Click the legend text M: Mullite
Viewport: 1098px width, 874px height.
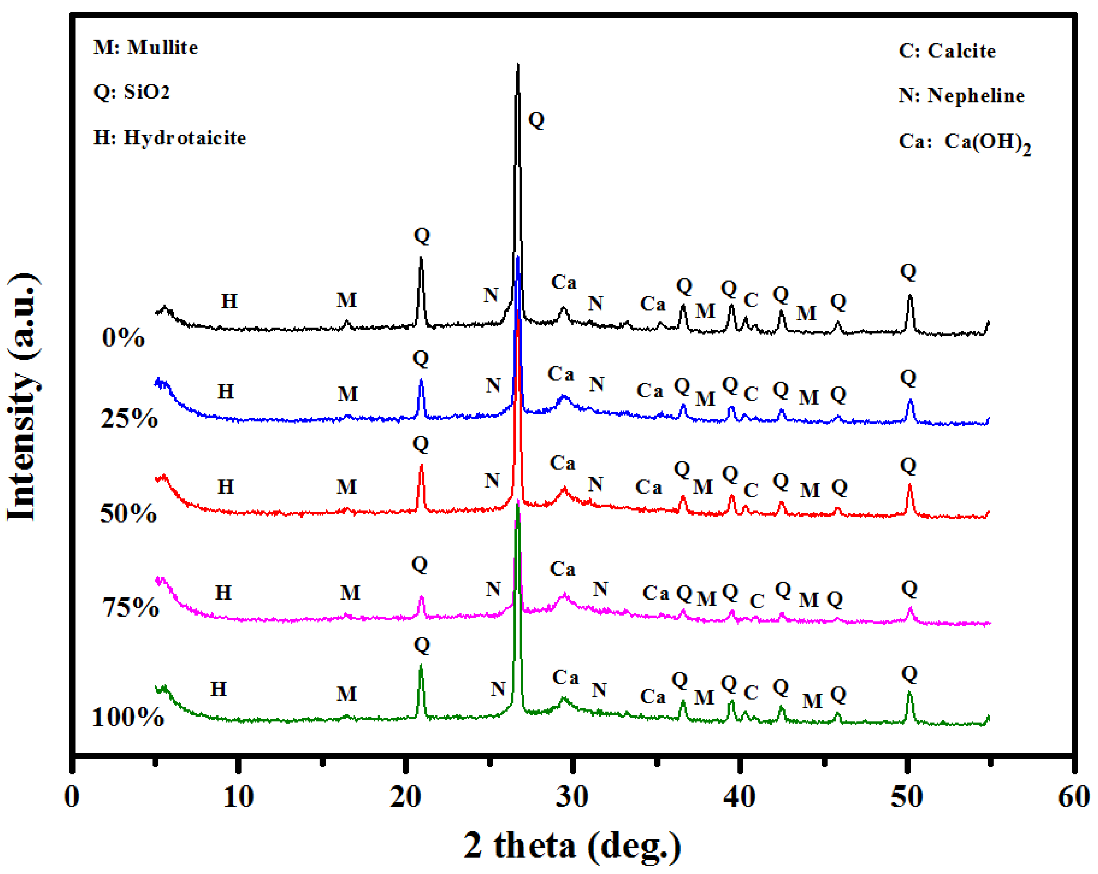tap(146, 47)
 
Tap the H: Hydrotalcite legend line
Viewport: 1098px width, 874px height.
tap(170, 137)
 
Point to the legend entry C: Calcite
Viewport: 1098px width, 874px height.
tap(947, 51)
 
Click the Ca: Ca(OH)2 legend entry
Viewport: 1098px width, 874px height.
tap(964, 142)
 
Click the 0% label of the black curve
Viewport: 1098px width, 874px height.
tap(123, 337)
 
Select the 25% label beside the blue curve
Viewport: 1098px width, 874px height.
tap(129, 418)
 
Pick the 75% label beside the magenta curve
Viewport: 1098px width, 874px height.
tap(130, 607)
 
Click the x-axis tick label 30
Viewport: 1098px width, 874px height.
tap(572, 797)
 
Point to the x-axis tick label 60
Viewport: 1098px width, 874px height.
tap(1073, 797)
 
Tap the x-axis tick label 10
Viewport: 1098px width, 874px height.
tap(238, 797)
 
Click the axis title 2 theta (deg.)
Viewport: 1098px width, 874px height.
tap(572, 846)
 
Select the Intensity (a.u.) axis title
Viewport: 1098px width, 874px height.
tap(23, 397)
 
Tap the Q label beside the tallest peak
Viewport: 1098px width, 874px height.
tap(536, 120)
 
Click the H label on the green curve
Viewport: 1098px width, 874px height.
tap(218, 689)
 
